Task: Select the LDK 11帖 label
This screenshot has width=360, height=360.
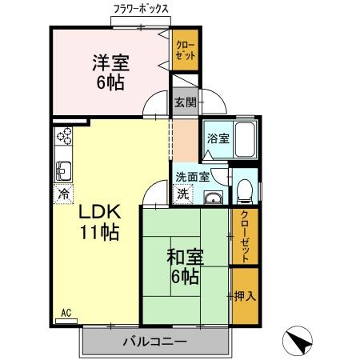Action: (x=99, y=222)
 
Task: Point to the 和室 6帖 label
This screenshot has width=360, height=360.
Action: (x=185, y=267)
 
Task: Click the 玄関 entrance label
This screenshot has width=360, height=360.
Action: (x=185, y=102)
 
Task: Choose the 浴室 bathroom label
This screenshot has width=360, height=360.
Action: (x=218, y=138)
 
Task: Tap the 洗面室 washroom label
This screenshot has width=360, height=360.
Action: (x=192, y=177)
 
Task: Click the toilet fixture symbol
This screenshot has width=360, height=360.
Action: (x=246, y=189)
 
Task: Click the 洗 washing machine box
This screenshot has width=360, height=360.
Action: (x=183, y=193)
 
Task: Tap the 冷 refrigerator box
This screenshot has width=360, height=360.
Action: (x=62, y=193)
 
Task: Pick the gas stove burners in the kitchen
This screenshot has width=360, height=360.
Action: (x=63, y=135)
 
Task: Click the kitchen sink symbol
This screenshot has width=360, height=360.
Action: (x=62, y=170)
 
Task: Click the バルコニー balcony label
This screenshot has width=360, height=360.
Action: (x=154, y=342)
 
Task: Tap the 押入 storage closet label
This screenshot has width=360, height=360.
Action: (x=246, y=296)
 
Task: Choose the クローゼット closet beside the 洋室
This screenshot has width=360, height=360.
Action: (x=185, y=54)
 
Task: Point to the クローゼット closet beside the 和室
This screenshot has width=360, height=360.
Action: (x=246, y=236)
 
